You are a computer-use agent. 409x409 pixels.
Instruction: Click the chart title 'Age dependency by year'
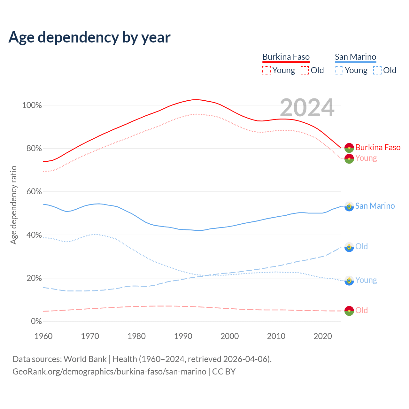(x=89, y=37)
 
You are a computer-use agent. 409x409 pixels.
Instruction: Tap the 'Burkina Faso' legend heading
(x=286, y=57)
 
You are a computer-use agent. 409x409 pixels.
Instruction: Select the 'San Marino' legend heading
(x=355, y=57)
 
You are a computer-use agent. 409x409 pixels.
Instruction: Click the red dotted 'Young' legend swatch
(x=266, y=70)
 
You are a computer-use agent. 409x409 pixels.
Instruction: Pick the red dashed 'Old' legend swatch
(x=305, y=70)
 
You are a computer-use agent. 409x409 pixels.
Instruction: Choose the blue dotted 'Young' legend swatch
(x=339, y=70)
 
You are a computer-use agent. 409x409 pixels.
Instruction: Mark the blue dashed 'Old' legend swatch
(x=377, y=70)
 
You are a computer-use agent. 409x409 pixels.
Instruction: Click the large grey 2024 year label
(x=307, y=108)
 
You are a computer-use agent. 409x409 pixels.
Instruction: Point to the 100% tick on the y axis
(x=32, y=105)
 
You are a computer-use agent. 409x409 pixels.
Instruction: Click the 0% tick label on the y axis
(x=36, y=321)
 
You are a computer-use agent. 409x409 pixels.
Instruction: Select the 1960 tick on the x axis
(x=43, y=336)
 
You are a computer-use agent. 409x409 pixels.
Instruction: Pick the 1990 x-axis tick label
(x=183, y=336)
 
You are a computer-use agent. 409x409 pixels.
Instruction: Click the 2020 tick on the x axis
(x=323, y=336)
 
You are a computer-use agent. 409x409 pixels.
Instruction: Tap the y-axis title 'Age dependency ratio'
(x=13, y=205)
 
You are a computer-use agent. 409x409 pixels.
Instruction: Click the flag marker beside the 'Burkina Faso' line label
(x=349, y=148)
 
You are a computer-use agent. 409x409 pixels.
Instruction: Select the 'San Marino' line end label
(x=375, y=206)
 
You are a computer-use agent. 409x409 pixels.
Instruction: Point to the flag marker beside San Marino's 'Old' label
(x=349, y=247)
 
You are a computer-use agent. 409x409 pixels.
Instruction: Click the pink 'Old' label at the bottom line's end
(x=361, y=310)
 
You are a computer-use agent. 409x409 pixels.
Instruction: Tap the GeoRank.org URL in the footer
(x=109, y=372)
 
